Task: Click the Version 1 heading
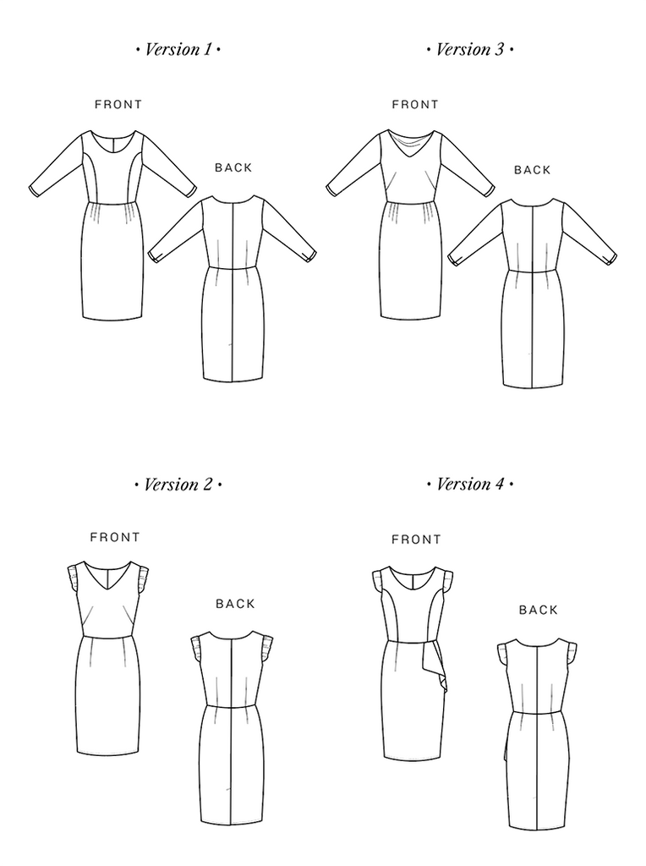click(x=178, y=50)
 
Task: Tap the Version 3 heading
click(x=470, y=50)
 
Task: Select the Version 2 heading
click(x=178, y=485)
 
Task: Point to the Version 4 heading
click(x=470, y=485)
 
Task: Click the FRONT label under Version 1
click(x=118, y=104)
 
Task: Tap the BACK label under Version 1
click(x=233, y=167)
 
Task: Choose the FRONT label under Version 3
click(x=415, y=104)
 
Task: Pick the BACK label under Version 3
click(x=532, y=170)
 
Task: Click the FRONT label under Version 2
click(x=115, y=537)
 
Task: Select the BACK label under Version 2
click(x=236, y=604)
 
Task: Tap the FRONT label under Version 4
click(x=416, y=539)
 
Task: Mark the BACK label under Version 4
click(x=539, y=610)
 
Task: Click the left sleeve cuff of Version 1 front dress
click(x=33, y=190)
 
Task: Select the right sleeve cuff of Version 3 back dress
click(x=611, y=257)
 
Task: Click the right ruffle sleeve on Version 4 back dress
click(x=571, y=654)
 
